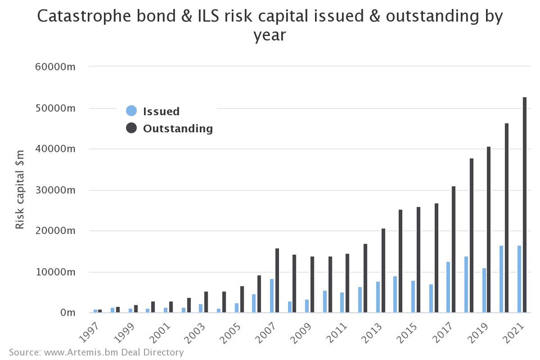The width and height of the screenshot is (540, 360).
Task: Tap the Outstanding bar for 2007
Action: coord(277,281)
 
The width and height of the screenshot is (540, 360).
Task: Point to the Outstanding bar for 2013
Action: coord(383,271)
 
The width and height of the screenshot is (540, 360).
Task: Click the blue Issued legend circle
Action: coord(131,111)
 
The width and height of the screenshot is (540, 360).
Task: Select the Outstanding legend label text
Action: coord(178,128)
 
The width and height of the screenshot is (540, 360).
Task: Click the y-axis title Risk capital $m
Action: coord(20,189)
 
